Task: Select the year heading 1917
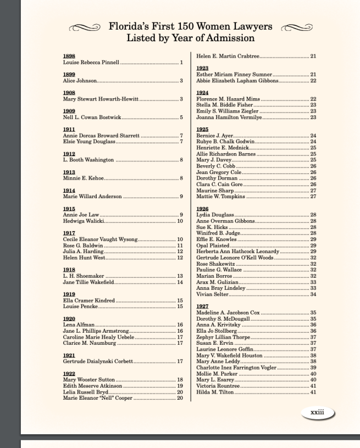pyautogui.click(x=69, y=233)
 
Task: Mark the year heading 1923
pyautogui.click(x=202, y=68)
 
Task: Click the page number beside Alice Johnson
pyautogui.click(x=181, y=81)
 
